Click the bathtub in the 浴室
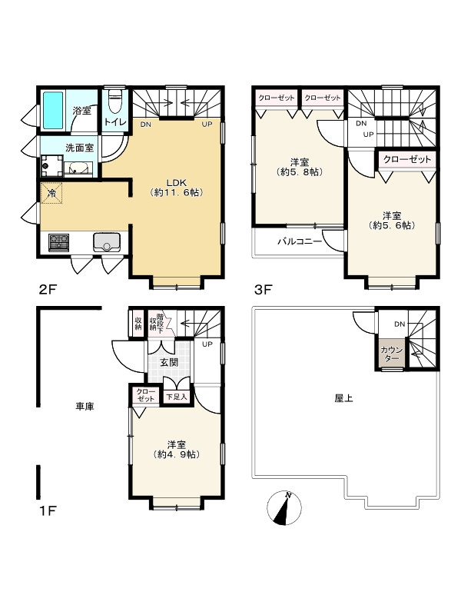[x=53, y=110]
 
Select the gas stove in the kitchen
[x=59, y=242]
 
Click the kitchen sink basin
[x=107, y=242]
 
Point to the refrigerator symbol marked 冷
[x=51, y=193]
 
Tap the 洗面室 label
[x=80, y=148]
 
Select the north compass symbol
[x=284, y=508]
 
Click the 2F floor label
[x=48, y=290]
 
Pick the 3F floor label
[x=263, y=290]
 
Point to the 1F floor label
[x=48, y=511]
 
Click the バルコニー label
[x=300, y=241]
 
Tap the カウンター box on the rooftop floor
[x=391, y=354]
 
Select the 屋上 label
[x=343, y=398]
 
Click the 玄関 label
[x=169, y=362]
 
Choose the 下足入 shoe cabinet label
[x=177, y=397]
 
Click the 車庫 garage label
[x=85, y=407]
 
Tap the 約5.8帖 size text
[x=300, y=171]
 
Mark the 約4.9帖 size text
[x=177, y=454]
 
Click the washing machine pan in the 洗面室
[x=51, y=166]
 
